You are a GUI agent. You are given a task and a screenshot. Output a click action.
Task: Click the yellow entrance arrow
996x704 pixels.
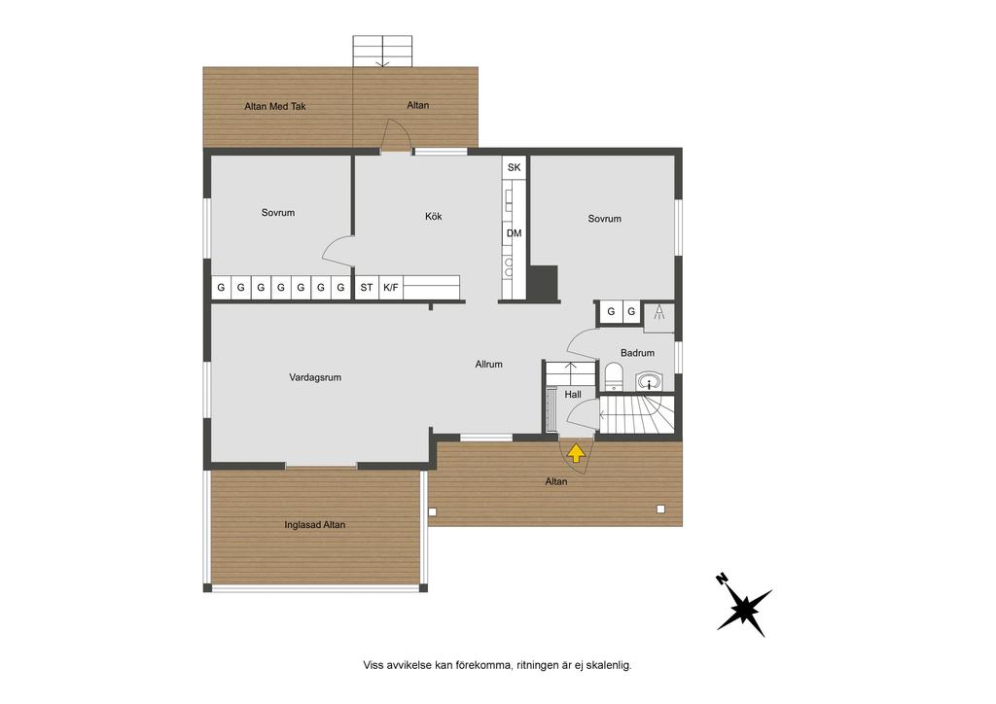click(x=575, y=452)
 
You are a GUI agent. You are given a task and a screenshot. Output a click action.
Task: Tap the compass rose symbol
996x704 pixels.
click(x=743, y=608)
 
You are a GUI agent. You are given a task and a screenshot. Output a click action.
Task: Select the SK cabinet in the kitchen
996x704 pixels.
click(x=514, y=167)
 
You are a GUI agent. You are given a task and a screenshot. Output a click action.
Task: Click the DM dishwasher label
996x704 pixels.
click(x=514, y=233)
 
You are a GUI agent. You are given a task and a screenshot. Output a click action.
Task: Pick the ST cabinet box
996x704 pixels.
click(x=367, y=288)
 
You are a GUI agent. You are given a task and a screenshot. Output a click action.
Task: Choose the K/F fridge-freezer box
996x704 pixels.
click(x=391, y=288)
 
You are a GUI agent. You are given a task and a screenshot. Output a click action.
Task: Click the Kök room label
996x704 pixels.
click(x=433, y=217)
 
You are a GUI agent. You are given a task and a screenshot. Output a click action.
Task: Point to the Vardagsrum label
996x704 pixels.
click(x=315, y=377)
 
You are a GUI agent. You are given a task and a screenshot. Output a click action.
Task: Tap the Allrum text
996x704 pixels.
click(x=488, y=365)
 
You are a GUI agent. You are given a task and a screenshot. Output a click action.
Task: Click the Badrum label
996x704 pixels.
click(x=637, y=353)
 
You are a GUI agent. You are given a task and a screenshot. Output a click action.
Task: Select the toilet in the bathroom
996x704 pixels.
click(x=613, y=375)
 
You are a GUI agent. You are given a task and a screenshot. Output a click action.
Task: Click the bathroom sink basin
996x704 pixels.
click(x=648, y=381)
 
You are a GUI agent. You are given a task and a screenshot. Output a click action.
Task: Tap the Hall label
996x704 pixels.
click(x=573, y=395)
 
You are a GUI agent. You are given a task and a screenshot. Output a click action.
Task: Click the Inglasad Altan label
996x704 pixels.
click(x=315, y=525)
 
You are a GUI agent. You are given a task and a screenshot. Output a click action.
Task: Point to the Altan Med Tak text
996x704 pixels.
click(x=275, y=107)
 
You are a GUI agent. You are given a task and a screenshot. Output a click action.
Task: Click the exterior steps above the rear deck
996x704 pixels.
click(x=382, y=51)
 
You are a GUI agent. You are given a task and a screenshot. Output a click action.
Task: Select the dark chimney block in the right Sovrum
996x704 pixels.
click(x=544, y=283)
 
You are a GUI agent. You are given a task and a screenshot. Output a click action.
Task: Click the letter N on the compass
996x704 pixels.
click(x=722, y=579)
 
